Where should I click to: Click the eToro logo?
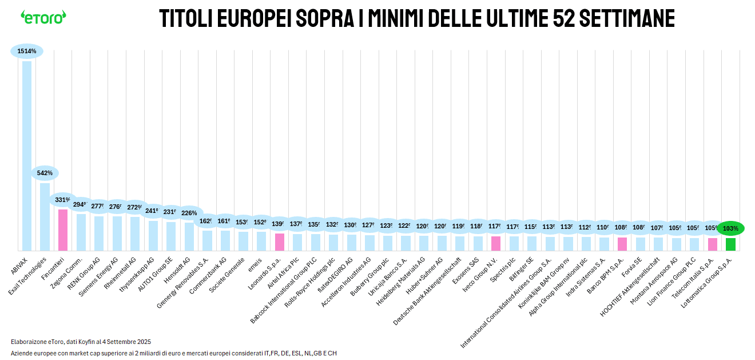tap(43, 17)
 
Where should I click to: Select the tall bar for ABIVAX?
tap(27, 155)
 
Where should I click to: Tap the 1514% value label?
tap(27, 51)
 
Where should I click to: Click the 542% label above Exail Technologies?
tap(45, 173)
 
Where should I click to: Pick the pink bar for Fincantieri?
tap(63, 230)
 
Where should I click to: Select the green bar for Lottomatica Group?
tap(730, 244)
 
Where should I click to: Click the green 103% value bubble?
tap(730, 228)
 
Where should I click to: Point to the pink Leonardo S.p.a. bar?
tap(280, 242)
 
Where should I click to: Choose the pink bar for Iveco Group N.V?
tap(496, 243)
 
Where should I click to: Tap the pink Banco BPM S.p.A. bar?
tap(622, 244)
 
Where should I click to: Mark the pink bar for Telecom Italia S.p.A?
tap(713, 244)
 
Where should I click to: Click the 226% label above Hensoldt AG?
tap(189, 213)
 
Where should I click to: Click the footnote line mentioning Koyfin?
tap(81, 342)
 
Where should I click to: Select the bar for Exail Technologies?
tap(45, 216)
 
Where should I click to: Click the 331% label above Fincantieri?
tap(63, 200)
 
